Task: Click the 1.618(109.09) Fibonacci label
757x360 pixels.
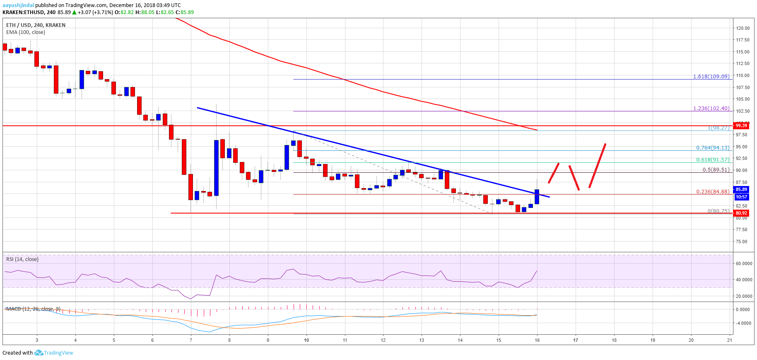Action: [x=711, y=77]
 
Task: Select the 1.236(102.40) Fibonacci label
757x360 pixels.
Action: [x=711, y=109]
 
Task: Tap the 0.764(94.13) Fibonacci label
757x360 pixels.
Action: [x=712, y=148]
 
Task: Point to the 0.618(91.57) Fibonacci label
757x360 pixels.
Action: [x=712, y=160]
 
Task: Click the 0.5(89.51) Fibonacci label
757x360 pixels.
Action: [x=716, y=170]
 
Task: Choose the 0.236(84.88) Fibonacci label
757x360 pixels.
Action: [x=712, y=192]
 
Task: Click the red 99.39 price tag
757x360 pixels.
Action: [x=741, y=126]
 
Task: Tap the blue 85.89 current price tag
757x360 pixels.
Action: [x=741, y=189]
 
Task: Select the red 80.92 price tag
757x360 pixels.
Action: [x=741, y=213]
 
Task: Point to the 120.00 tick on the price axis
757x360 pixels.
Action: [x=743, y=28]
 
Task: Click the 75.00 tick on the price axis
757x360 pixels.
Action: [x=741, y=242]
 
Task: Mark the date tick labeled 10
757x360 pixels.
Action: [x=306, y=340]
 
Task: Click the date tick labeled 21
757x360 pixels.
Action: [x=729, y=340]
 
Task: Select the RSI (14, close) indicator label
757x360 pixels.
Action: [x=22, y=259]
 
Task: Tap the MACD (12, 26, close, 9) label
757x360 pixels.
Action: [x=33, y=309]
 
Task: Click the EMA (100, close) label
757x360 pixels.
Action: [x=26, y=32]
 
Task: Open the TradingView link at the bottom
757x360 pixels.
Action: [x=58, y=353]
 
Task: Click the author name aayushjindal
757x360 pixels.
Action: [x=18, y=5]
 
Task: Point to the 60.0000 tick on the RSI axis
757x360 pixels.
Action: [x=744, y=263]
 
